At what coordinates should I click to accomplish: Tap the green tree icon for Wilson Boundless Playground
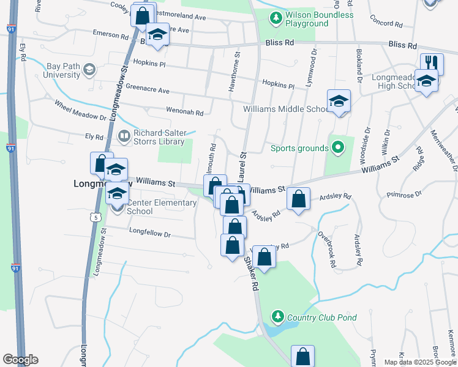coord(277,18)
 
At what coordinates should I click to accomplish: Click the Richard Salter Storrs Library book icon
coord(124,136)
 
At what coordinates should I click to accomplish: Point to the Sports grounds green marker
coord(337,147)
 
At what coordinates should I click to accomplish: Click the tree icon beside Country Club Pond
coord(278,316)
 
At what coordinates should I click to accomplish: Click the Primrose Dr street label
coord(405,195)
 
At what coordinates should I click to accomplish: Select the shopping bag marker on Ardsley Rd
coord(298,199)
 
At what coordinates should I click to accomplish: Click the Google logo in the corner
coord(20,360)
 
